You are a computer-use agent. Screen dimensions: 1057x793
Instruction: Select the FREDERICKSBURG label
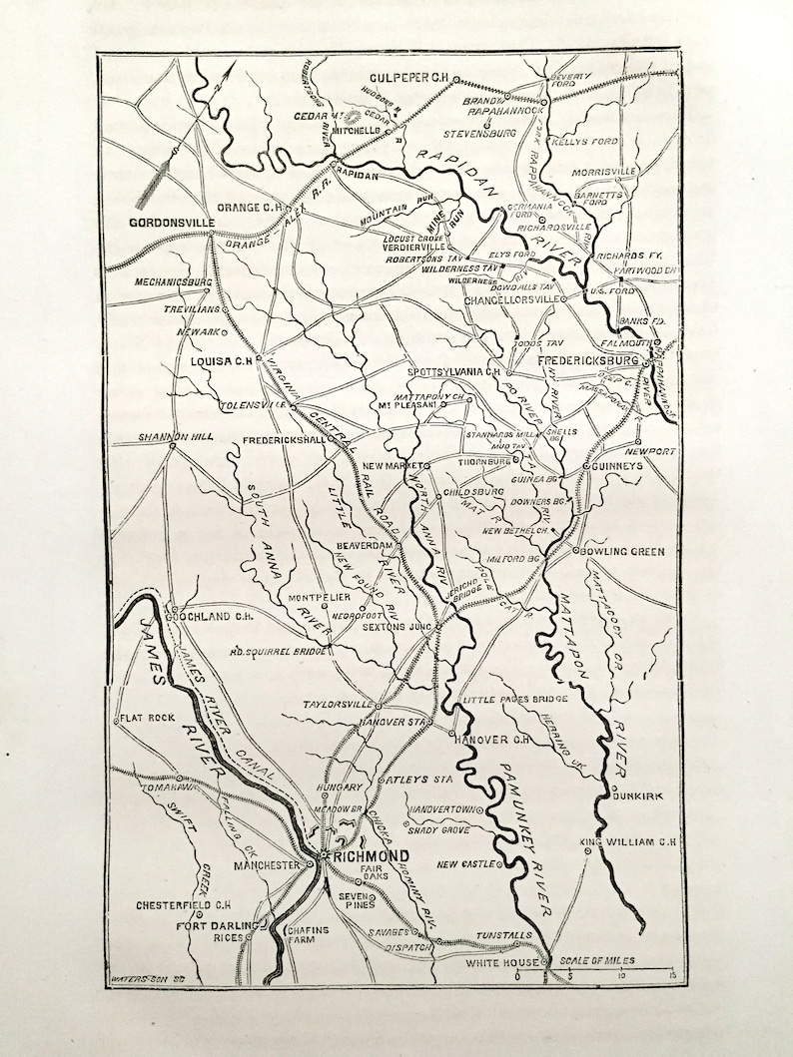589,359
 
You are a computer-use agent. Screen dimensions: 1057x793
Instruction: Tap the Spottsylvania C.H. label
452,371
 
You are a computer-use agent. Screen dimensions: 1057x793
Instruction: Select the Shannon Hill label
168,436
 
